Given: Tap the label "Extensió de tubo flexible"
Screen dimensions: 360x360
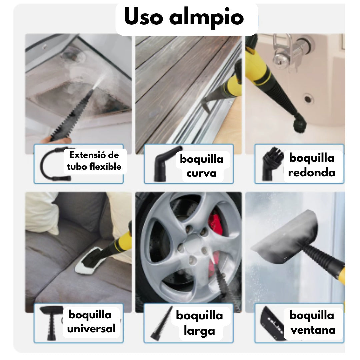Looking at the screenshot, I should pos(94,161).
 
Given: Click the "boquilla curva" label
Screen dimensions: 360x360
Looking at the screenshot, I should pos(201,166).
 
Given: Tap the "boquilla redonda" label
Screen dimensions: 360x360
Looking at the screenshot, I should pos(311,165).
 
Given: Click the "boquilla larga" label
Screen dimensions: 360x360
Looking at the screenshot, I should pos(199,323).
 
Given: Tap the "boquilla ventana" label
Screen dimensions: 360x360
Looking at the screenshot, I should pos(312,322).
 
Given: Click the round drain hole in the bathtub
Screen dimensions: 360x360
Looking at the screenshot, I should pos(308,98).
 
